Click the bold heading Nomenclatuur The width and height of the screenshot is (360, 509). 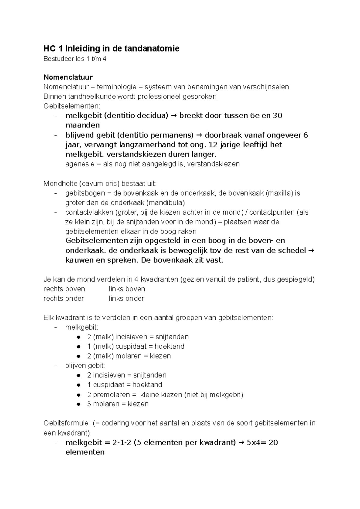click(x=68, y=77)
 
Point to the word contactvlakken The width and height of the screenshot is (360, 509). click(x=89, y=212)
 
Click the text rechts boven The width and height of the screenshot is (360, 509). click(x=64, y=289)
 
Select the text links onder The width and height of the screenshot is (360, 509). click(x=126, y=299)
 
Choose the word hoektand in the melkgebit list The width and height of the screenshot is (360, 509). click(x=169, y=347)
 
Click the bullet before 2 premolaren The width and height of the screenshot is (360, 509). click(x=79, y=394)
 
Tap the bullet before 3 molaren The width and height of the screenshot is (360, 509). click(x=79, y=404)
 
